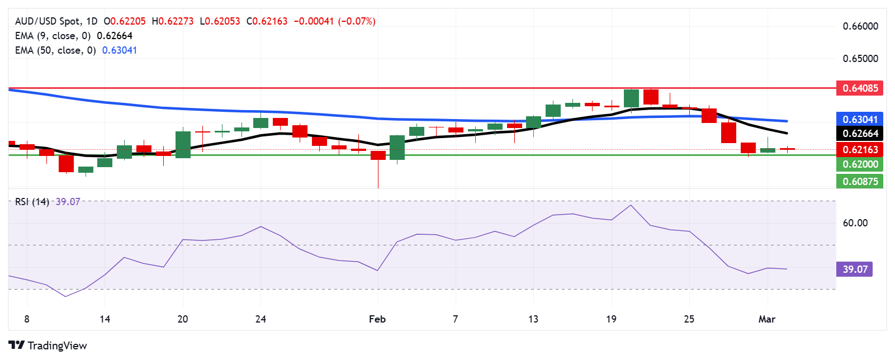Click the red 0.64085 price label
pyautogui.click(x=860, y=88)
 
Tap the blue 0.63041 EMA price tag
pyautogui.click(x=860, y=119)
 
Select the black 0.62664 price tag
pyautogui.click(x=860, y=134)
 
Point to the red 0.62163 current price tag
pyautogui.click(x=860, y=149)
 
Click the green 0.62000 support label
pyautogui.click(x=860, y=164)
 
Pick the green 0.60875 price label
pyautogui.click(x=860, y=181)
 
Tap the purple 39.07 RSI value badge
pyautogui.click(x=855, y=269)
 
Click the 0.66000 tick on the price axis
pyautogui.click(x=860, y=26)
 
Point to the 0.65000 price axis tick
pyautogui.click(x=860, y=59)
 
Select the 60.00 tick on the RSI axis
pyautogui.click(x=855, y=223)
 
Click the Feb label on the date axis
pyautogui.click(x=377, y=319)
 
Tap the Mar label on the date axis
pyautogui.click(x=766, y=319)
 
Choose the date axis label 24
pyautogui.click(x=261, y=319)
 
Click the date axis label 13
pyautogui.click(x=533, y=319)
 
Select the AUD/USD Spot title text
pyautogui.click(x=48, y=21)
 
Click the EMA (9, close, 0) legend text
pyautogui.click(x=53, y=36)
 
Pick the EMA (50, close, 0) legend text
pyautogui.click(x=55, y=50)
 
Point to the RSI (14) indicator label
pyautogui.click(x=32, y=202)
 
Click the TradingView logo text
pyautogui.click(x=57, y=345)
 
